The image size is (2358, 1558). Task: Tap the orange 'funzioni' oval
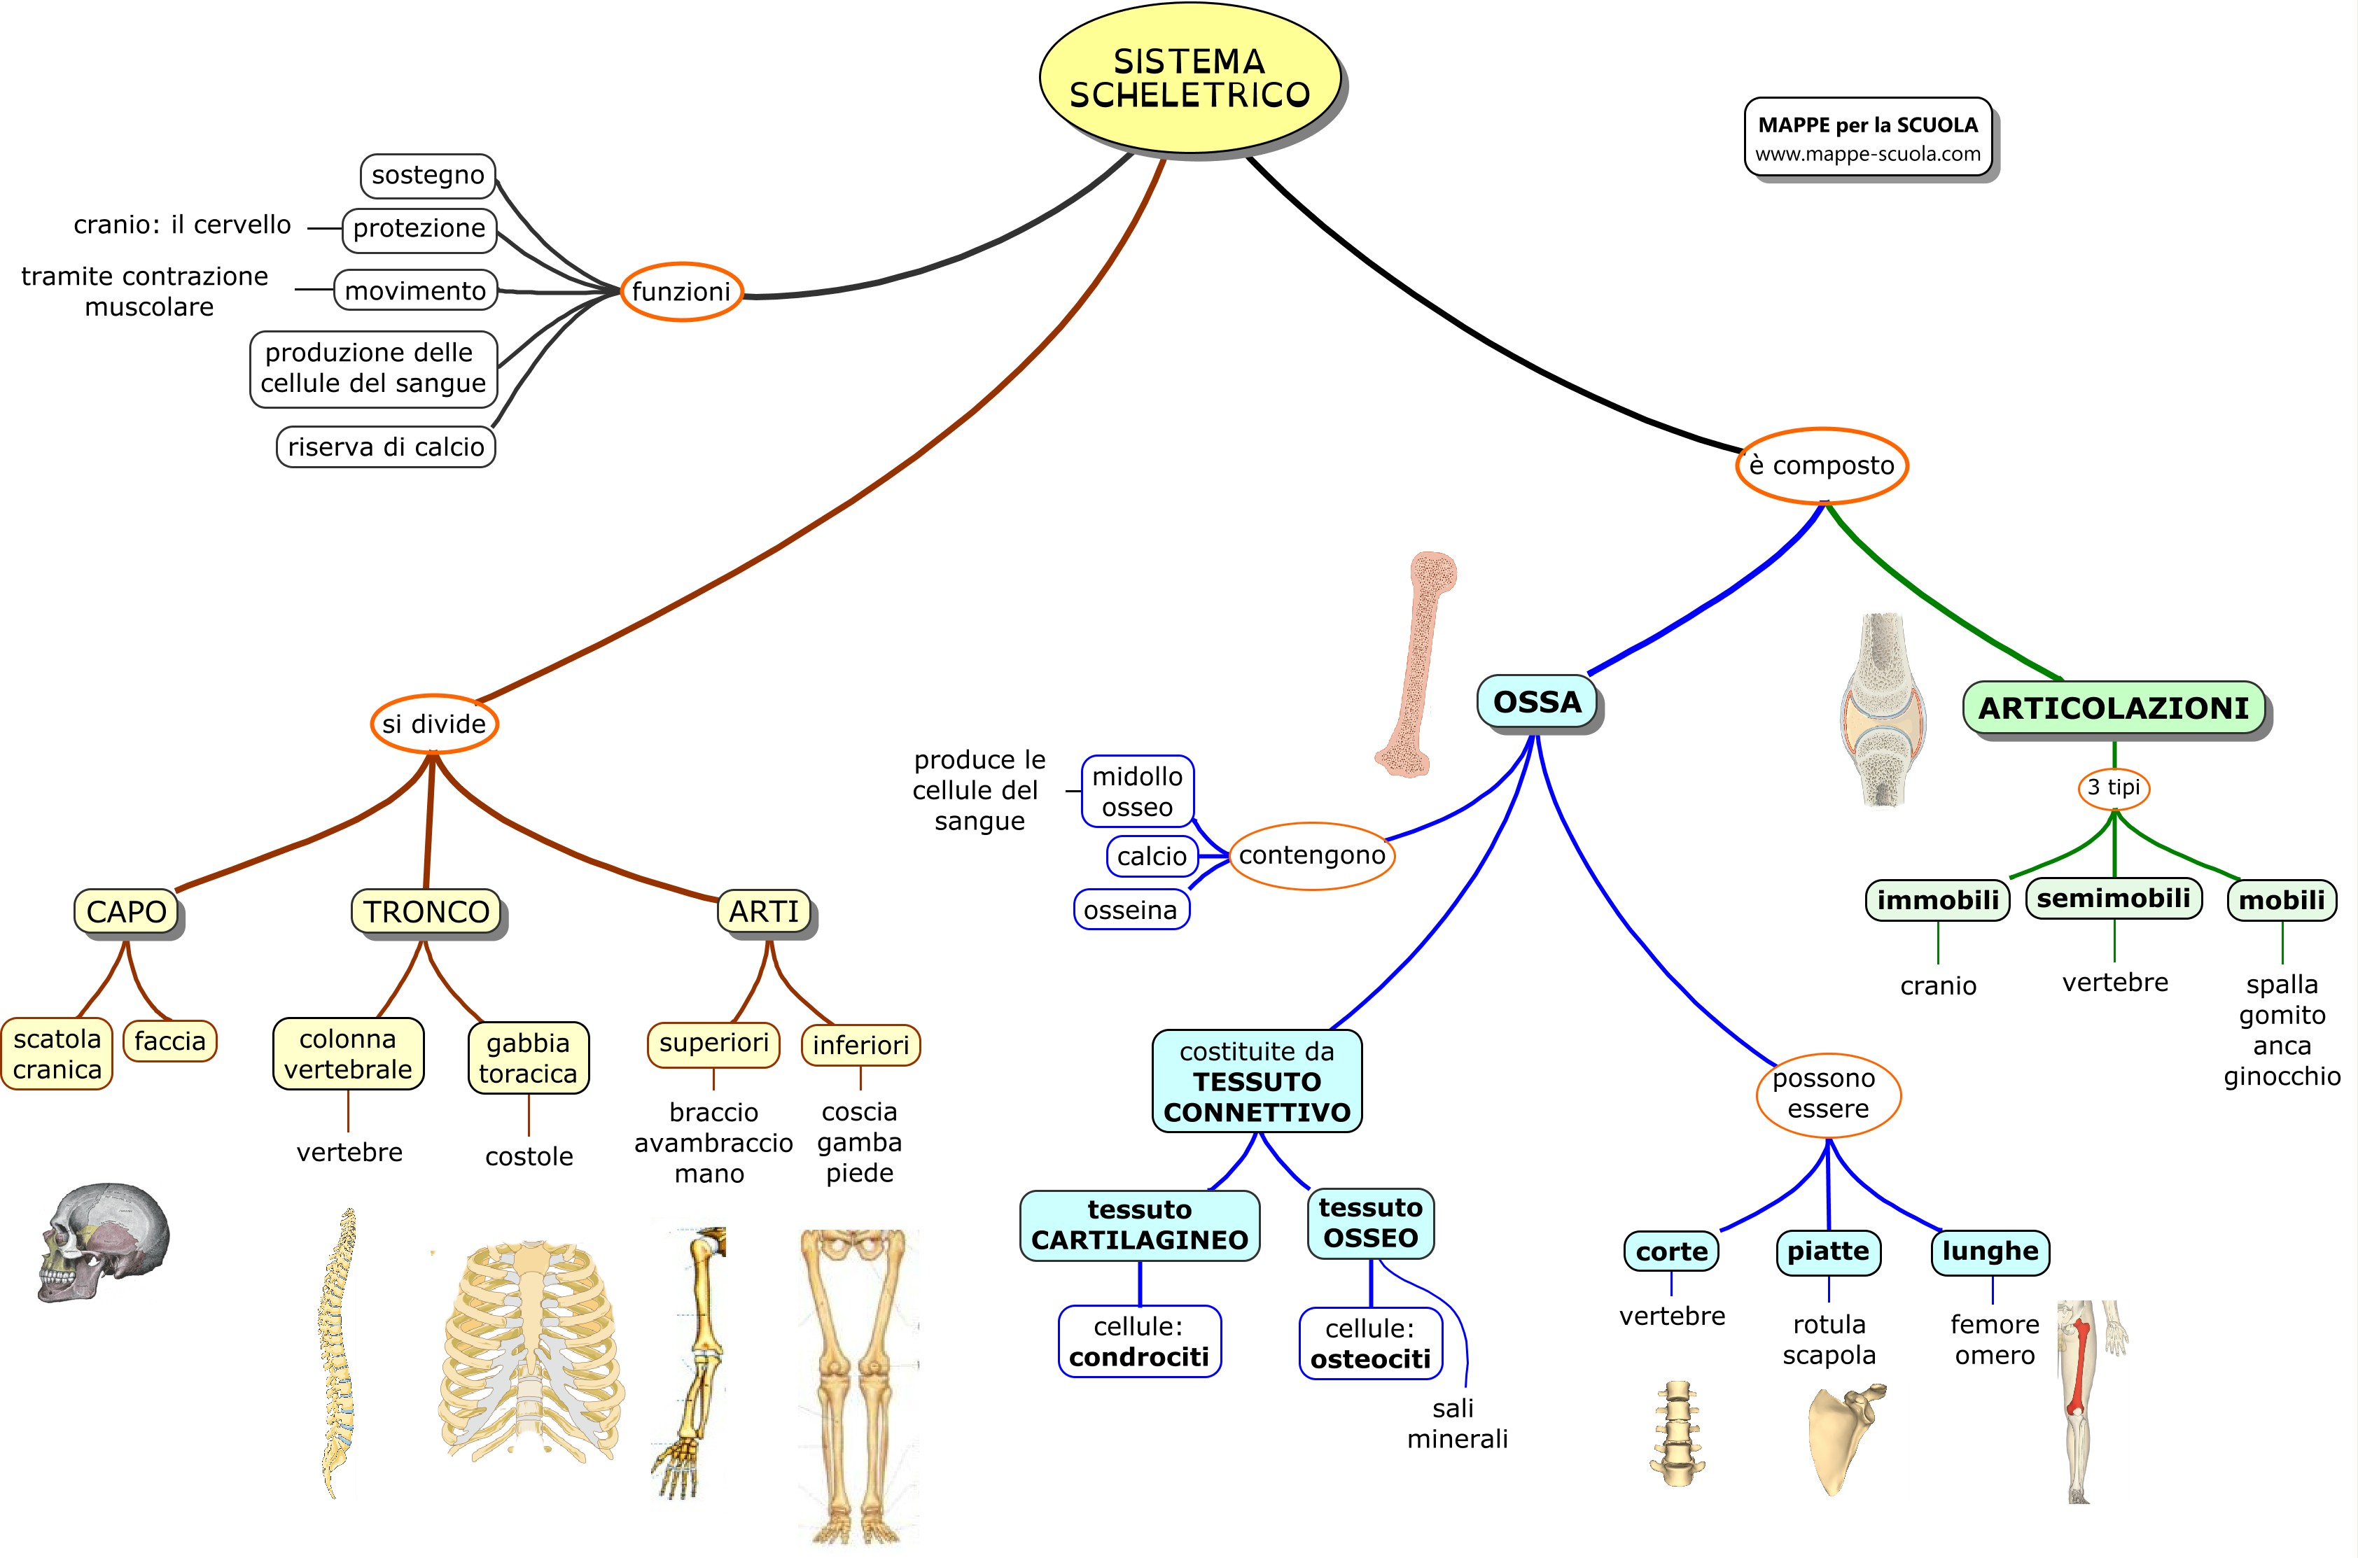click(682, 291)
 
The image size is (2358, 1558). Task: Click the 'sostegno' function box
click(427, 175)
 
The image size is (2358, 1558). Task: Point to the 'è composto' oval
click(1822, 465)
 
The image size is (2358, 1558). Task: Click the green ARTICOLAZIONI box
click(2114, 708)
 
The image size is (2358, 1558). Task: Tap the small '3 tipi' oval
click(2114, 788)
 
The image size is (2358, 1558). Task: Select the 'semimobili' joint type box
click(2114, 898)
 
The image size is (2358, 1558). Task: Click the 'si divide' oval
click(434, 724)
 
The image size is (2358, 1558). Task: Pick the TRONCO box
click(426, 911)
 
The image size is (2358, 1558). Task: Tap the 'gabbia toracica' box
click(528, 1058)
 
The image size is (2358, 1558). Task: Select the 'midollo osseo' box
click(1137, 791)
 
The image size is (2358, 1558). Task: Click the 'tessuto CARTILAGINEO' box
click(1139, 1225)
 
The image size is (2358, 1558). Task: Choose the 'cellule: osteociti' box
click(1370, 1343)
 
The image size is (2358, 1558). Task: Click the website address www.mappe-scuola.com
click(1868, 154)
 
